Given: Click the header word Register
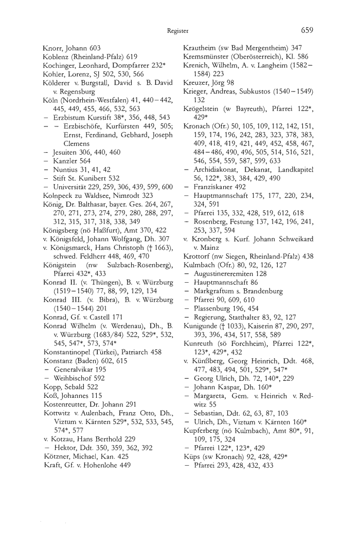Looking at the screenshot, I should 177,31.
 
